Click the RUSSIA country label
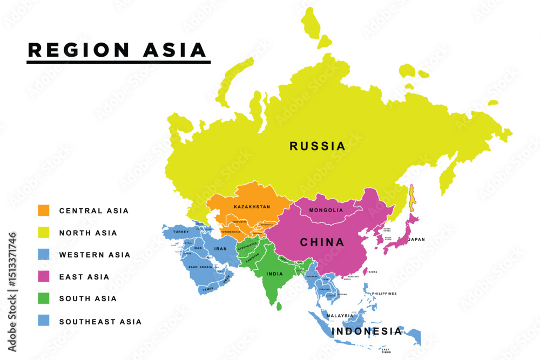coord(317,146)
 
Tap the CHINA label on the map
coord(322,242)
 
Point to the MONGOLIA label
coord(326,210)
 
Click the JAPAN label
coord(416,239)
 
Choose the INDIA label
coord(274,274)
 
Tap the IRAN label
coord(221,249)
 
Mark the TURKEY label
coord(180,232)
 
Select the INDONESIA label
coord(367,331)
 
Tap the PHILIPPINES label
coord(384,294)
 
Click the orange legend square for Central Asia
coord(43,210)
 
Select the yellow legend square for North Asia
coord(43,233)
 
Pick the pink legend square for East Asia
coord(43,276)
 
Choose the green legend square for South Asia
coord(43,298)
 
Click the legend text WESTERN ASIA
coord(94,255)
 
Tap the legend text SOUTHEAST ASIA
coord(100,322)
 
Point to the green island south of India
coord(279,307)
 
